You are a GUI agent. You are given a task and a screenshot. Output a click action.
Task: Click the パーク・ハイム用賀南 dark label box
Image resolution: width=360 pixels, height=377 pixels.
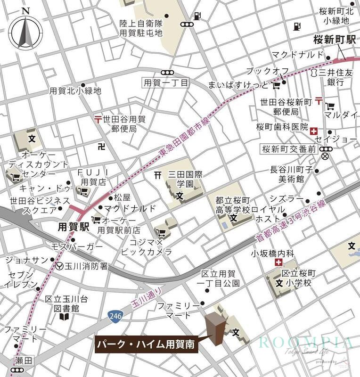click(147, 344)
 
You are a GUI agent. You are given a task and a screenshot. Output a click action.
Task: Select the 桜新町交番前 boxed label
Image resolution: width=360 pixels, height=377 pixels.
click(287, 149)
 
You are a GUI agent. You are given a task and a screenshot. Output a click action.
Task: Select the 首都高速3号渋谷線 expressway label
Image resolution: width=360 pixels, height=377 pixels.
click(291, 221)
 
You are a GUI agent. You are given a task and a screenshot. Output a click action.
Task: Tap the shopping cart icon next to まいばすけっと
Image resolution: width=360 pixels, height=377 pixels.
click(277, 85)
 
